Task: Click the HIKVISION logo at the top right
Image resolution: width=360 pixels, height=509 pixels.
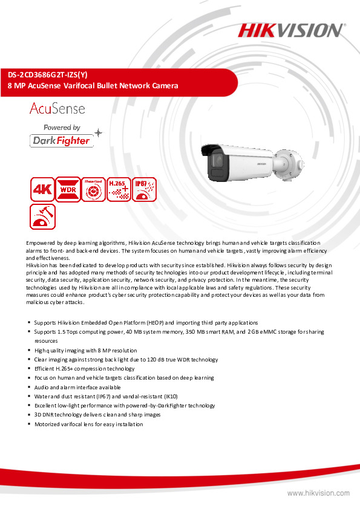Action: (x=291, y=30)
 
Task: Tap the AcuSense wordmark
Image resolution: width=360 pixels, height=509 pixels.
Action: (x=57, y=109)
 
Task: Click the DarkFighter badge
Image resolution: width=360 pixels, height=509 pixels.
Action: (x=61, y=140)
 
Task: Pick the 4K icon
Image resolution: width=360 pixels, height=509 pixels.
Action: (x=41, y=189)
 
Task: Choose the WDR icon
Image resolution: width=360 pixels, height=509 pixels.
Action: (x=67, y=189)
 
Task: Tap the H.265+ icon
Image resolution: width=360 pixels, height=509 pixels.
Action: (x=119, y=189)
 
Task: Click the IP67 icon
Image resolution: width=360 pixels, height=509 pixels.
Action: (x=144, y=189)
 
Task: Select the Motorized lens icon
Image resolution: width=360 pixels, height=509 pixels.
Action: (x=93, y=189)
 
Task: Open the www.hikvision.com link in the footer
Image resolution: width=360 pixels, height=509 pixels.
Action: (x=318, y=493)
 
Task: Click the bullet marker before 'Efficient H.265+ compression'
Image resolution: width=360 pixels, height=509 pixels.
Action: (x=29, y=369)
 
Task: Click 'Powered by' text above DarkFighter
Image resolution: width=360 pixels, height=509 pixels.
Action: (x=62, y=128)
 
